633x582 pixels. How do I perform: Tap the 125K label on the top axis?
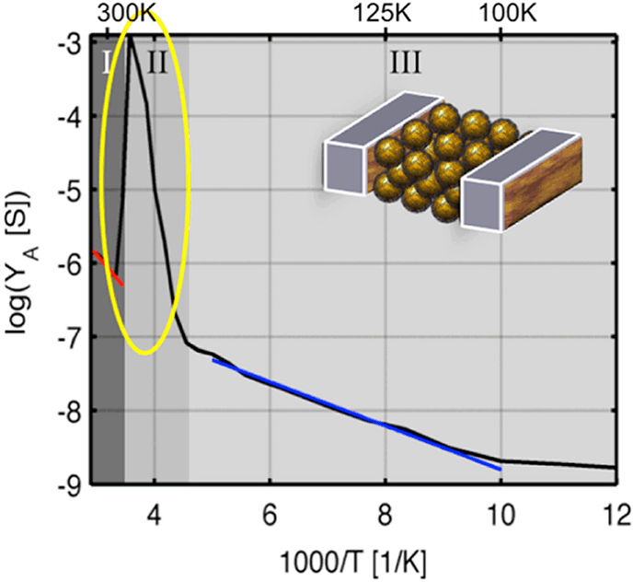click(x=385, y=14)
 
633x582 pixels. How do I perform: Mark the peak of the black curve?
click(x=132, y=39)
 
